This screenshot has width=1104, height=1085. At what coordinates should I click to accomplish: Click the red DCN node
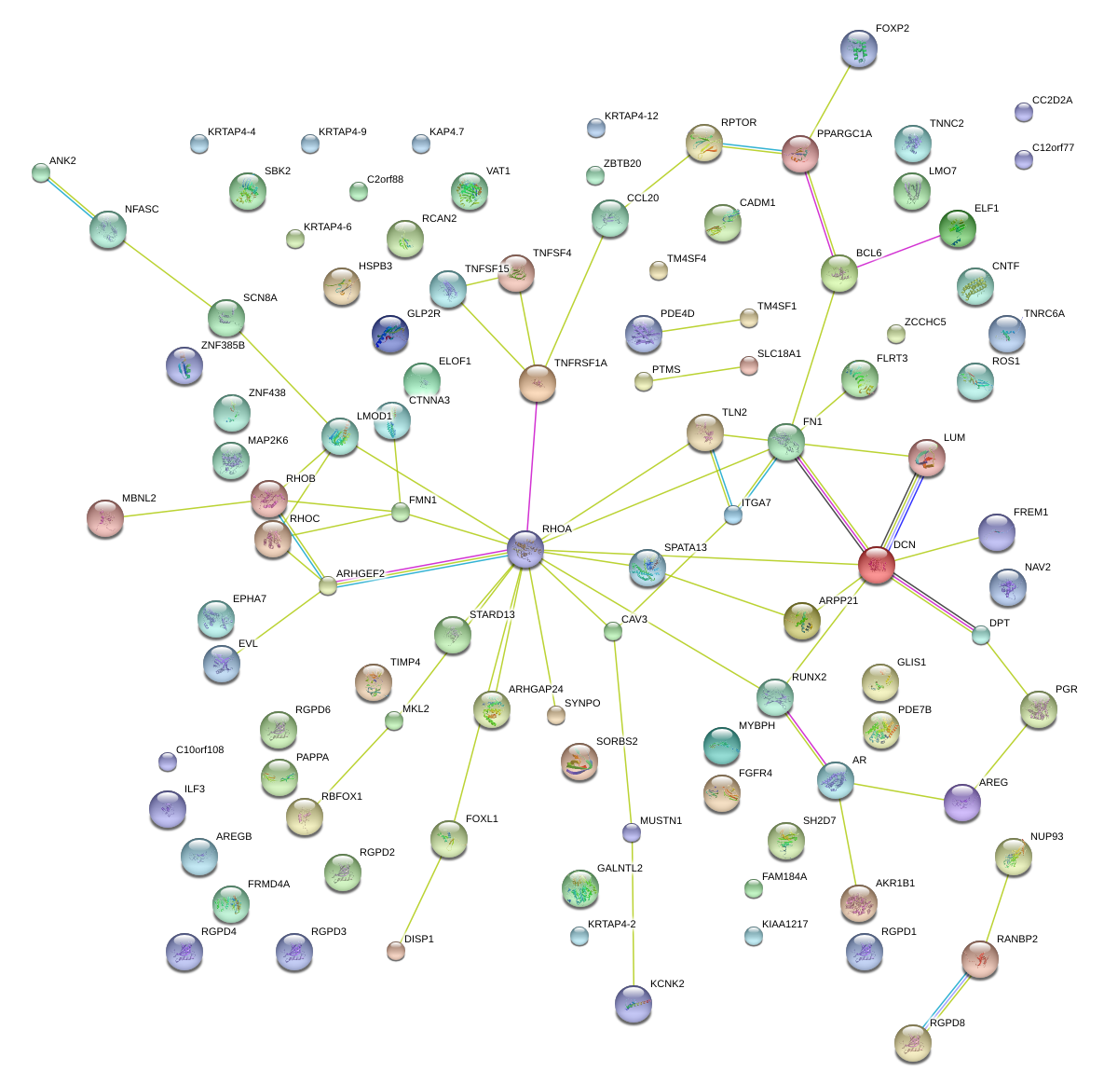(x=876, y=565)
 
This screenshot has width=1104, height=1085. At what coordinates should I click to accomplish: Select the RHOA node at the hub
(x=525, y=549)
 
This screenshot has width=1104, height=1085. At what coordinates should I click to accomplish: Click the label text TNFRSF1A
(x=580, y=364)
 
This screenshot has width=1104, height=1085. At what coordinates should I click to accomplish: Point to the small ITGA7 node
(x=733, y=514)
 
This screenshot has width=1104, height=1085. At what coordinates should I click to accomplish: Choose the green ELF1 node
(x=957, y=228)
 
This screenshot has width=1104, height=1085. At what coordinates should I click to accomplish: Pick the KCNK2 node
(x=634, y=1003)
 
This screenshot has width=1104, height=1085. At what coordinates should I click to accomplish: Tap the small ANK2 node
(x=40, y=172)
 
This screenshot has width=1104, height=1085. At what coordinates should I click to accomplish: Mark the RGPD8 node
(x=912, y=1042)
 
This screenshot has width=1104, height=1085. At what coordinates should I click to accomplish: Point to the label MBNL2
(x=139, y=499)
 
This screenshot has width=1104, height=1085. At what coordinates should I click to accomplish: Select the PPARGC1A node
(x=799, y=154)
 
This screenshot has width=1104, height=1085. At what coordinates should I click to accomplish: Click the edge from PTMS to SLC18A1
(x=696, y=373)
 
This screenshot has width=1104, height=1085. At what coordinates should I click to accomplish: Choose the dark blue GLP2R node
(x=389, y=334)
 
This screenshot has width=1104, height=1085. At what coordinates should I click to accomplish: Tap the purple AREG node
(x=961, y=803)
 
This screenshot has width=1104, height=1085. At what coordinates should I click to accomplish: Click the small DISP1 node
(x=396, y=951)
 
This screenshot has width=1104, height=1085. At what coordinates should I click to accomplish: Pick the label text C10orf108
(x=199, y=750)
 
